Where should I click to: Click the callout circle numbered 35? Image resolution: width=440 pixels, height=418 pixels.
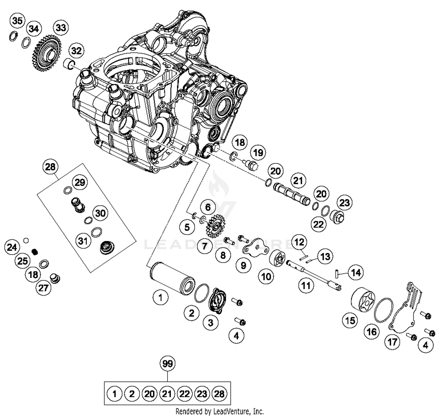(x=17, y=21)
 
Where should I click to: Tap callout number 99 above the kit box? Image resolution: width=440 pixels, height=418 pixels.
(x=167, y=363)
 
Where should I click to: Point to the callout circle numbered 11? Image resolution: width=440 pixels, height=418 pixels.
(x=306, y=285)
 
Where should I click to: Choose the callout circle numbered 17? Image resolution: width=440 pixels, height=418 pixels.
(x=392, y=341)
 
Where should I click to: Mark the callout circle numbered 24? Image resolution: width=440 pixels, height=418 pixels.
(x=12, y=247)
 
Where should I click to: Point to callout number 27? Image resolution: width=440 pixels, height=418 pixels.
(x=43, y=288)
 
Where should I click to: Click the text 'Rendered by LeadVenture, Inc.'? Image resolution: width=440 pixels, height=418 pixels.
(x=219, y=411)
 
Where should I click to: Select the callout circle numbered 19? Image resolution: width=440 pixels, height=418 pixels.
(x=258, y=152)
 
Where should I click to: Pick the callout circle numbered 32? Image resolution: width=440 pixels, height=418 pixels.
(x=76, y=51)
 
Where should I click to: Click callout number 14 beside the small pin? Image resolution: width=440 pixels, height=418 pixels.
(x=356, y=273)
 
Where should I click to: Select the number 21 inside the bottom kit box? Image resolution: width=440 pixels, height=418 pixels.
(x=167, y=394)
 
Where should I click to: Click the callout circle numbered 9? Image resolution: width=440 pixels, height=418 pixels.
(x=243, y=265)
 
